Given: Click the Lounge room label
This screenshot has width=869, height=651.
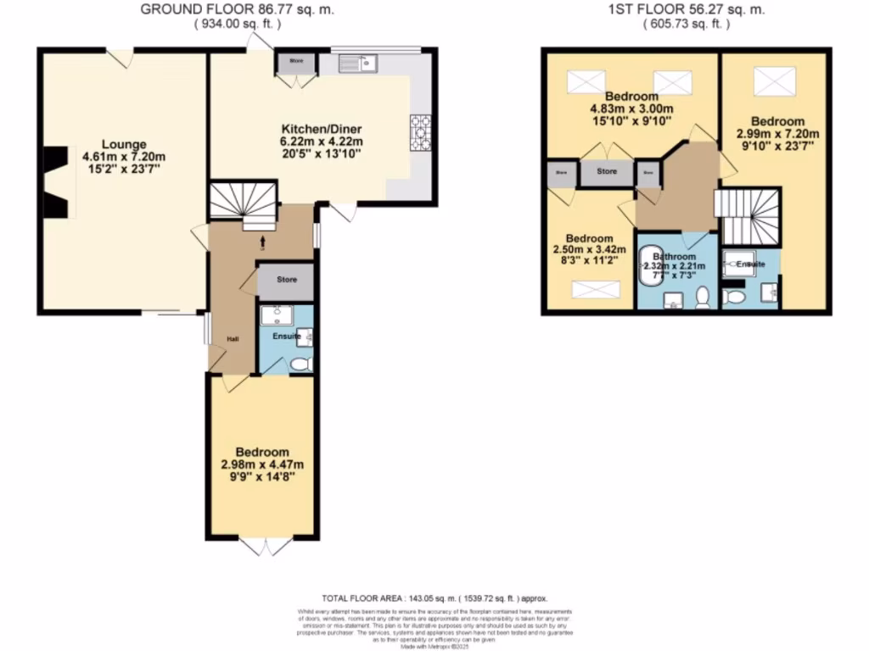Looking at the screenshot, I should (125, 144).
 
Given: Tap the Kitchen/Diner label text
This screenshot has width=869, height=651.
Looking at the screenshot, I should (322, 130).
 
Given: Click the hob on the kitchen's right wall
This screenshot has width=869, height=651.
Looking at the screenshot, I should (420, 132).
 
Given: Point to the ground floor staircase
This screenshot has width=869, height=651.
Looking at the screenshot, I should (244, 203).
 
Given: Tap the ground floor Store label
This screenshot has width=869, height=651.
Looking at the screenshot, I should (286, 280).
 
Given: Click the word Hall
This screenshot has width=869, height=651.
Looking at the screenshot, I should (233, 339).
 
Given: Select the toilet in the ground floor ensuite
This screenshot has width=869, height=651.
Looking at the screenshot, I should (300, 363).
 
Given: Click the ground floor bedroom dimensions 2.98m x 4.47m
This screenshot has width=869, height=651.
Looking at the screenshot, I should (262, 465).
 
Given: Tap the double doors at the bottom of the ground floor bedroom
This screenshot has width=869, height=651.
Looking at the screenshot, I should (262, 547).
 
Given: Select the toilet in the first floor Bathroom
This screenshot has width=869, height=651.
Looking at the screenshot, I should (701, 297).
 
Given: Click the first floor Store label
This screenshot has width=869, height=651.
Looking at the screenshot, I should (606, 172).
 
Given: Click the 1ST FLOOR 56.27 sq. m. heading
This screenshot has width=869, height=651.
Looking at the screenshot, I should (687, 9).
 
